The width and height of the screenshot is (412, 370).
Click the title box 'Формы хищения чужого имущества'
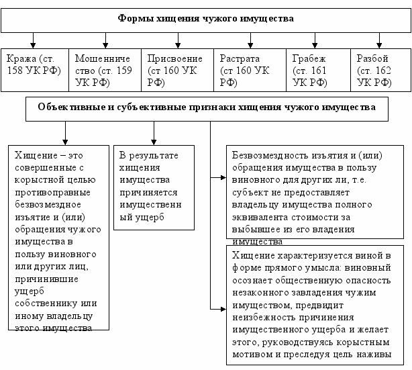(205, 19)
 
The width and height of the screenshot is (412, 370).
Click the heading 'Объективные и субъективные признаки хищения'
(207, 107)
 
